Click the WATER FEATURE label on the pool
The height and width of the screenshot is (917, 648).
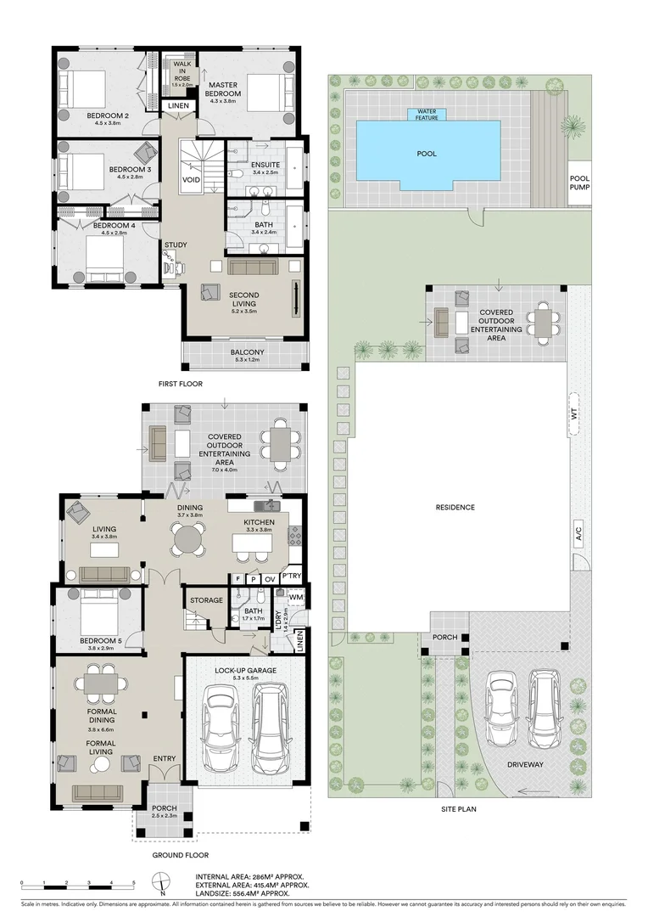click(427, 113)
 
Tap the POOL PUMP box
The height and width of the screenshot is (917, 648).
click(578, 183)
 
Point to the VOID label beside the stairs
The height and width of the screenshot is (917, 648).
click(192, 180)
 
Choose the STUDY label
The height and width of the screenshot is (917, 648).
click(176, 245)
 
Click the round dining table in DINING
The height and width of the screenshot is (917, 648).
click(188, 538)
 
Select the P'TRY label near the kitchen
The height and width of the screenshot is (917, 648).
click(291, 577)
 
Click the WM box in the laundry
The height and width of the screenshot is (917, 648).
click(295, 598)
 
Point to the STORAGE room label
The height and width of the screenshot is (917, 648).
click(206, 600)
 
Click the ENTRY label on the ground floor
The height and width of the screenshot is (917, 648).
click(164, 758)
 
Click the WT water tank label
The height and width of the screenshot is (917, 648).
click(574, 414)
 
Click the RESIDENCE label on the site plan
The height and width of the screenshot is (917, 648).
click(455, 507)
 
